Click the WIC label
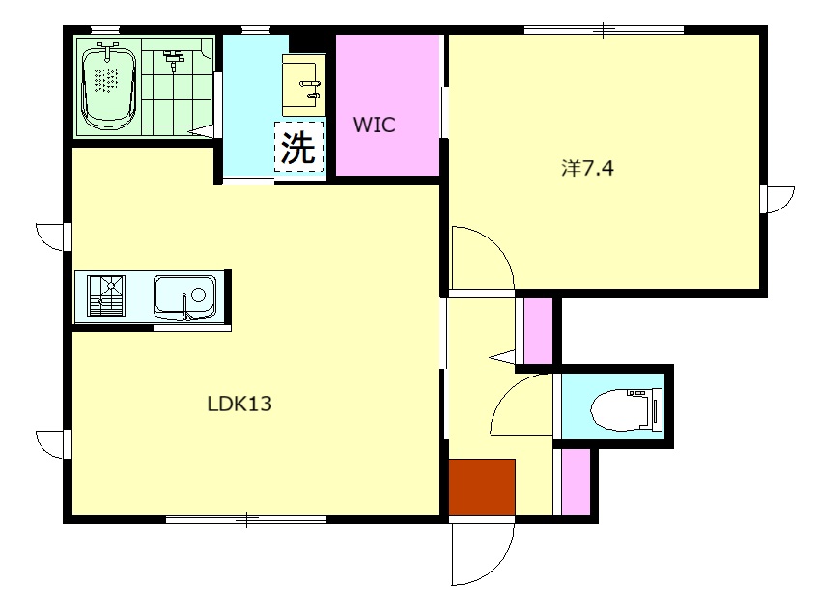point(374,125)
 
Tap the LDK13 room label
point(239,404)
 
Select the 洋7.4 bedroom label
point(587,168)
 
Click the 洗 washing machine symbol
point(299,147)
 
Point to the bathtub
point(108,86)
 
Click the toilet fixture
point(627,409)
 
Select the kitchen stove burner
point(107,295)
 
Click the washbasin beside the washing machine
point(304,85)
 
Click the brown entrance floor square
point(482,487)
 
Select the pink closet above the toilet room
point(538,331)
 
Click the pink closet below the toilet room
point(576,481)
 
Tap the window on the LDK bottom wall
point(246,519)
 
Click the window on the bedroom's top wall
point(604,30)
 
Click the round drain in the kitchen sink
point(199,295)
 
